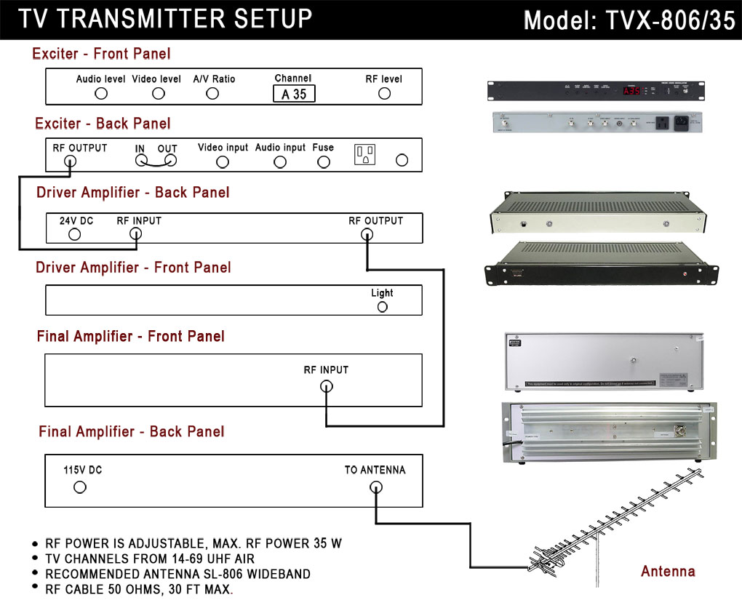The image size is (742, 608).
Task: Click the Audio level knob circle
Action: point(101,93)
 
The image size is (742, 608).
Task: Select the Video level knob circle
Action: point(158,93)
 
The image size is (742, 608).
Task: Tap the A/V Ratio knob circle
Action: point(212,93)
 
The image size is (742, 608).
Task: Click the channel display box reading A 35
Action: point(294,94)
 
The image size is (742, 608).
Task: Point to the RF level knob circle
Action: point(384,93)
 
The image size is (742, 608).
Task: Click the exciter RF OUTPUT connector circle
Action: point(70,161)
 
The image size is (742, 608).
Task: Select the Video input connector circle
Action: point(223,161)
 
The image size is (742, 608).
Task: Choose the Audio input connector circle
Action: point(280,161)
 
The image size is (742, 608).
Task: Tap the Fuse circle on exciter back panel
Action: point(324,161)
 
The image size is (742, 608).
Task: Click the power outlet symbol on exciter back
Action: point(364,154)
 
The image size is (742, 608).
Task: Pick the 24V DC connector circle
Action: point(74,234)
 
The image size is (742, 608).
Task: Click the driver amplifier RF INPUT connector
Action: point(135,234)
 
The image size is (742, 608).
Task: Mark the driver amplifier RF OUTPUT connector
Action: point(367,234)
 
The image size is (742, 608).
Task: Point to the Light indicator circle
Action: point(382,307)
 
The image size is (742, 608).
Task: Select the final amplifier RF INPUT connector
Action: point(327,386)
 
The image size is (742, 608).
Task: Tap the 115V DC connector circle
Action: point(80,487)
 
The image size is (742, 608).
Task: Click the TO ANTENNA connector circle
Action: point(375,487)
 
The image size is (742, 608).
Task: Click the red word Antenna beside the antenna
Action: point(668,572)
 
